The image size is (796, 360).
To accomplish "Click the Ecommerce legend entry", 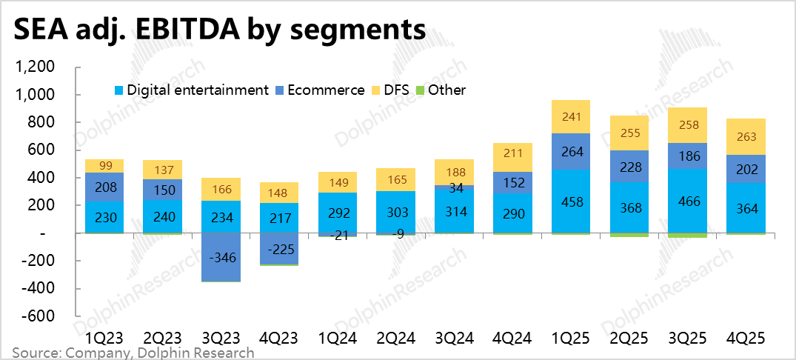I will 325,90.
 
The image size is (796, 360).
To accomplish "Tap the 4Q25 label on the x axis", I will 747,337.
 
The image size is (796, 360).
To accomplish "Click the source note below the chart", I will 133,353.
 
